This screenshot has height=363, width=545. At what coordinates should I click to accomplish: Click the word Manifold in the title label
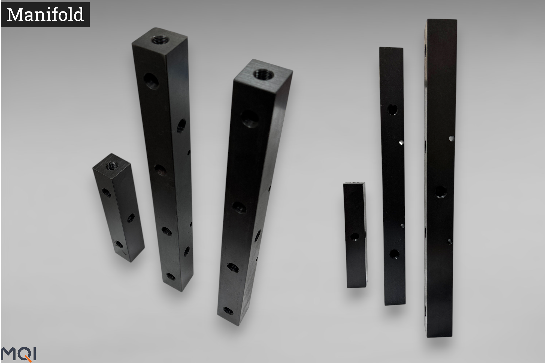(45, 15)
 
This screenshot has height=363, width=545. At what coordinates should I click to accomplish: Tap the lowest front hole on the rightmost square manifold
(228, 310)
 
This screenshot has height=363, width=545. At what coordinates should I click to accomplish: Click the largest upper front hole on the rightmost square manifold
(249, 118)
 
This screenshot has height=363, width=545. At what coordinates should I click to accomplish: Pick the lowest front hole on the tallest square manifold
(171, 277)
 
